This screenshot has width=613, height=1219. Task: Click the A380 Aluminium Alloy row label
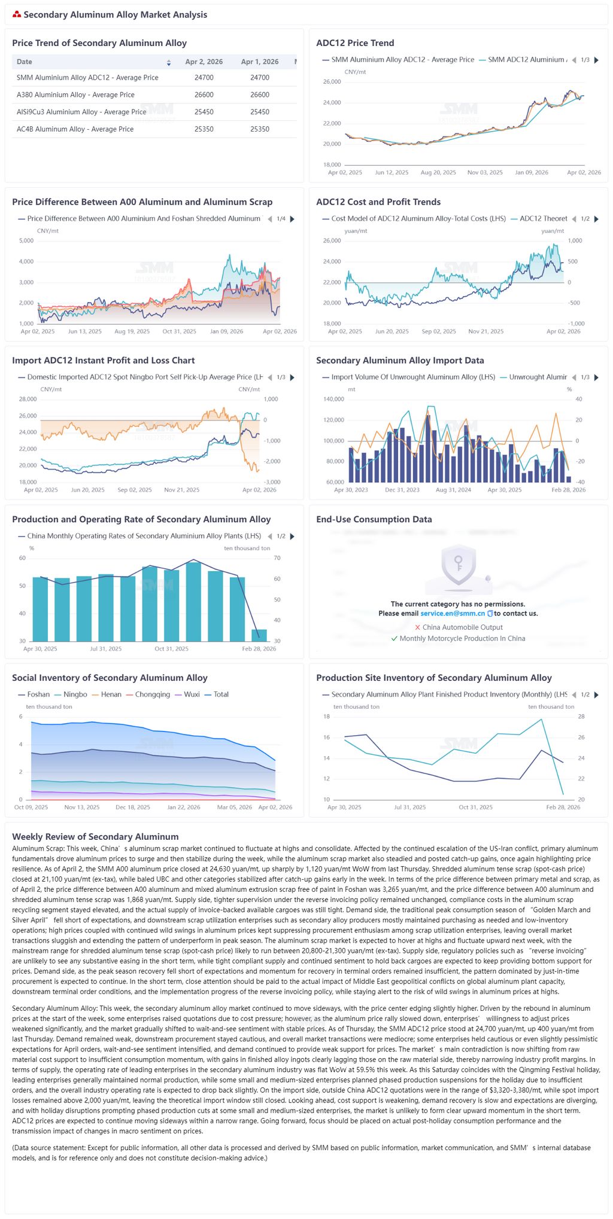point(75,95)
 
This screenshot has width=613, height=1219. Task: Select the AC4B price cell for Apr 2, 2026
point(204,129)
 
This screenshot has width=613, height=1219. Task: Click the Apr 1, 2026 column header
point(259,62)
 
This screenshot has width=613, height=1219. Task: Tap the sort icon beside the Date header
point(169,62)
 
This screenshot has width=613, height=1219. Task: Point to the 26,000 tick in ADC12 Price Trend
point(332,82)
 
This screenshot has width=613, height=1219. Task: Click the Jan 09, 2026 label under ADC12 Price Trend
point(532,172)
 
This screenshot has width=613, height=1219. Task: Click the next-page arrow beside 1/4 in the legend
point(292,219)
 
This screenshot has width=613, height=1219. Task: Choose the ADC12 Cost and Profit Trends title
point(378,202)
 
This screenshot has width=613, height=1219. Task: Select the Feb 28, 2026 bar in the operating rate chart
point(259,635)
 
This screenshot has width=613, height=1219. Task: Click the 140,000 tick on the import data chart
point(333,399)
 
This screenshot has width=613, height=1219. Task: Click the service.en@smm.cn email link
point(453,614)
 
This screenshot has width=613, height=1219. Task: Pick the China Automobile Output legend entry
point(459,627)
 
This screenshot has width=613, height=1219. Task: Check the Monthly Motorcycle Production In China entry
point(458,638)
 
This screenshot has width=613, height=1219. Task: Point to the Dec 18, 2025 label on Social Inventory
point(133,807)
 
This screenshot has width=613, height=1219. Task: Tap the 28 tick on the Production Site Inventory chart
point(581,717)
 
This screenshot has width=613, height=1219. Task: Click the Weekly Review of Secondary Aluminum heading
point(95,837)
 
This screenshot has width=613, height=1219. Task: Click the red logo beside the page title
point(17,14)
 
